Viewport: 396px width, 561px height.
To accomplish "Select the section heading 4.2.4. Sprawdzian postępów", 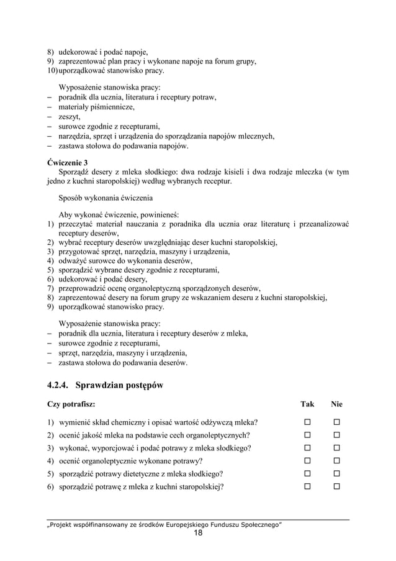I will [105, 385].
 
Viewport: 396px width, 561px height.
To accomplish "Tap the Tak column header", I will [307, 404].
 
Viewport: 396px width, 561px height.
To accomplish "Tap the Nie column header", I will [337, 404].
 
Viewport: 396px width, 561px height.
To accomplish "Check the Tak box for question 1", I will [307, 422].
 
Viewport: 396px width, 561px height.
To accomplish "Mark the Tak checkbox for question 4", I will [307, 461].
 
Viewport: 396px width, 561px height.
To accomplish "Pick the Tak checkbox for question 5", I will [307, 474].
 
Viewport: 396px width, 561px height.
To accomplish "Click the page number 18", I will [198, 533].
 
